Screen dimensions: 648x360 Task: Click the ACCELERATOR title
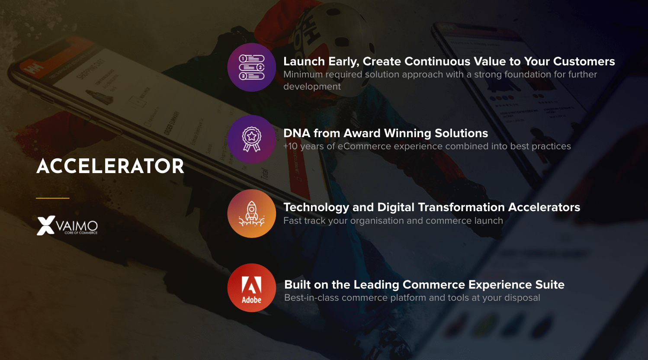110,166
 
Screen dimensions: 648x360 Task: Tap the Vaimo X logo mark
46,225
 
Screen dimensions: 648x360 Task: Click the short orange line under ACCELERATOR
53,198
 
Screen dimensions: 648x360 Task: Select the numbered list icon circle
252,67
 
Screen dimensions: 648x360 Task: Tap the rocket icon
252,214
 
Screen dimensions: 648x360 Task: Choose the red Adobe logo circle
252,288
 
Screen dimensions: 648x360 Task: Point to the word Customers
584,61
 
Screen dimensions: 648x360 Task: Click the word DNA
297,133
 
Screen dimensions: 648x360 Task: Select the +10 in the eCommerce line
290,146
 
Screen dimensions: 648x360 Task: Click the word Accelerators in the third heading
544,207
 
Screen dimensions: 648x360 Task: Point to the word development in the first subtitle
312,87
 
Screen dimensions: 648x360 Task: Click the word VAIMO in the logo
77,226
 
